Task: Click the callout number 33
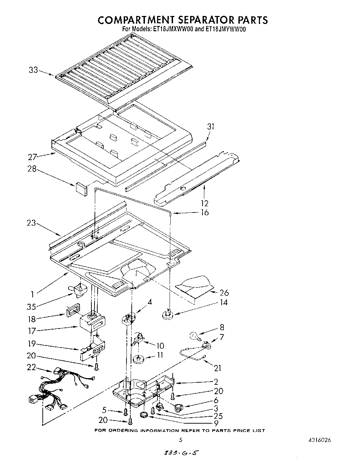coord(33,70)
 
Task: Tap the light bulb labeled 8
coord(194,336)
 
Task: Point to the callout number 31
coord(211,127)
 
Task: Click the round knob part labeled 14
coord(168,315)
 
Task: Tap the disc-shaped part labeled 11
coord(139,359)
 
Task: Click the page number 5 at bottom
coord(180,440)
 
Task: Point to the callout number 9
coord(216,423)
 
